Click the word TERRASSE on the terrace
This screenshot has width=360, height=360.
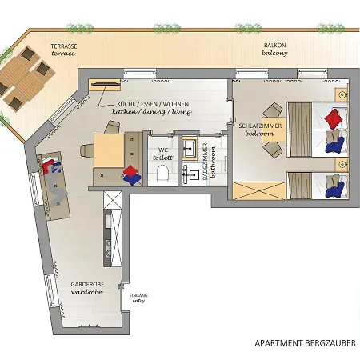64,46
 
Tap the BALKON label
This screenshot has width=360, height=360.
274,46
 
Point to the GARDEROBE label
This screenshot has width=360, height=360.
87,284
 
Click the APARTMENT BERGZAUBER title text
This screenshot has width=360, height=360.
305,342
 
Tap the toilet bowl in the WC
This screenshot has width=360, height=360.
162,173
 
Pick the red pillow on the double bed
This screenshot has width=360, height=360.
334,118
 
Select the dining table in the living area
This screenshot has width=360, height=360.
109,150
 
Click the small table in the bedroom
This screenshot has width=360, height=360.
274,129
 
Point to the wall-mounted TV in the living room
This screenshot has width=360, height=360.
105,84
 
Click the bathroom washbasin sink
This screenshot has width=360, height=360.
190,146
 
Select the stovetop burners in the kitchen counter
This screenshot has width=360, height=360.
108,248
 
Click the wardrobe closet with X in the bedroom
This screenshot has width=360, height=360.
259,191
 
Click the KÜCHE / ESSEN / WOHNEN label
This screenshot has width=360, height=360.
153,104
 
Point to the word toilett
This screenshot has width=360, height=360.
163,158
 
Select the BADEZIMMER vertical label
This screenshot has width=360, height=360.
205,162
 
